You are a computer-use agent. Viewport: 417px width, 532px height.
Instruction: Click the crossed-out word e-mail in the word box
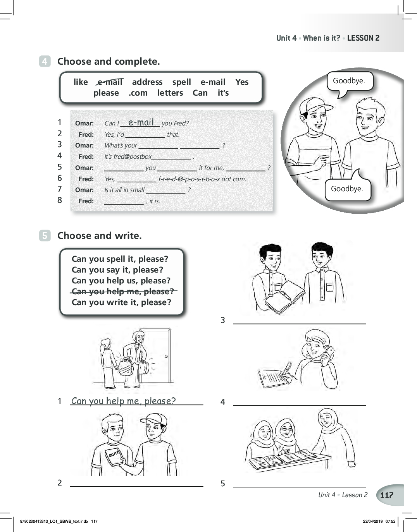[x=110, y=82]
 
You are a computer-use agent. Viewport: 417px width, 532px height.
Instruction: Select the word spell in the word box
[x=181, y=82]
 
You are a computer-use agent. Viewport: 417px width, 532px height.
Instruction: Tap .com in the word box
[x=138, y=93]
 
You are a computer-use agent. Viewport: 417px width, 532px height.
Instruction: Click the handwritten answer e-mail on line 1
[x=141, y=122]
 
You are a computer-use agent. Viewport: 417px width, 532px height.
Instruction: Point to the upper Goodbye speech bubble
[x=350, y=82]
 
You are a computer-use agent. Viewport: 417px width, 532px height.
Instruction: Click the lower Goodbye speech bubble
[x=348, y=187]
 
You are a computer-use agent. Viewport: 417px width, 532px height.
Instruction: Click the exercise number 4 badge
[x=45, y=61]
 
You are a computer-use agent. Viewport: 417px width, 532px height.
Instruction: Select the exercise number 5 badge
[x=45, y=235]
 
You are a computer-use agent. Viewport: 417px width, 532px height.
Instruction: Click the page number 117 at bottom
[x=387, y=495]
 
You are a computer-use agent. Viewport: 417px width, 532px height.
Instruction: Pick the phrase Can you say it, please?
[x=117, y=270]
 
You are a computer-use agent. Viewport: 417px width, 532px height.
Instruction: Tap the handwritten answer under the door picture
[x=124, y=401]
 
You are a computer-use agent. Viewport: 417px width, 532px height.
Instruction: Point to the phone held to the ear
[x=329, y=352]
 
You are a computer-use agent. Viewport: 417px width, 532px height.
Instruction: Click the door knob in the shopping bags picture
[x=166, y=356]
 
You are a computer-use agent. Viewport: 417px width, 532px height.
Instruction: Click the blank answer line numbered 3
[x=300, y=324]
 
